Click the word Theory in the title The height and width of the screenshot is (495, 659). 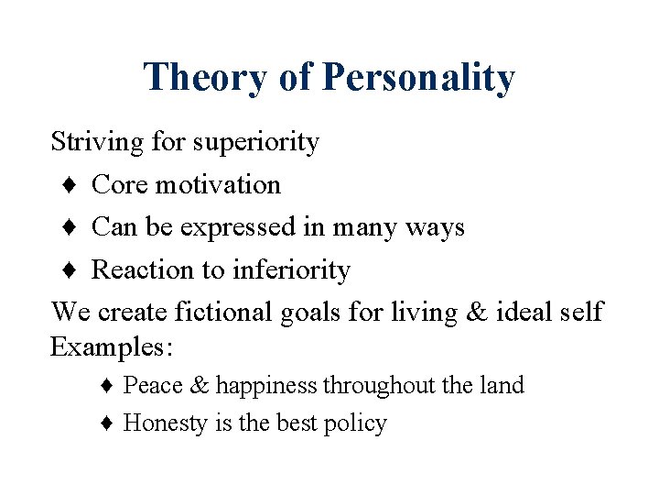pyautogui.click(x=204, y=78)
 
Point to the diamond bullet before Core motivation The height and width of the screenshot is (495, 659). pyautogui.click(x=70, y=185)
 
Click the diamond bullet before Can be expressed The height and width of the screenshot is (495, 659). pyautogui.click(x=70, y=227)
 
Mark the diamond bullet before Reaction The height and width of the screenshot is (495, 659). pyautogui.click(x=70, y=270)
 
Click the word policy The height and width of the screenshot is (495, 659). pyautogui.click(x=355, y=423)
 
